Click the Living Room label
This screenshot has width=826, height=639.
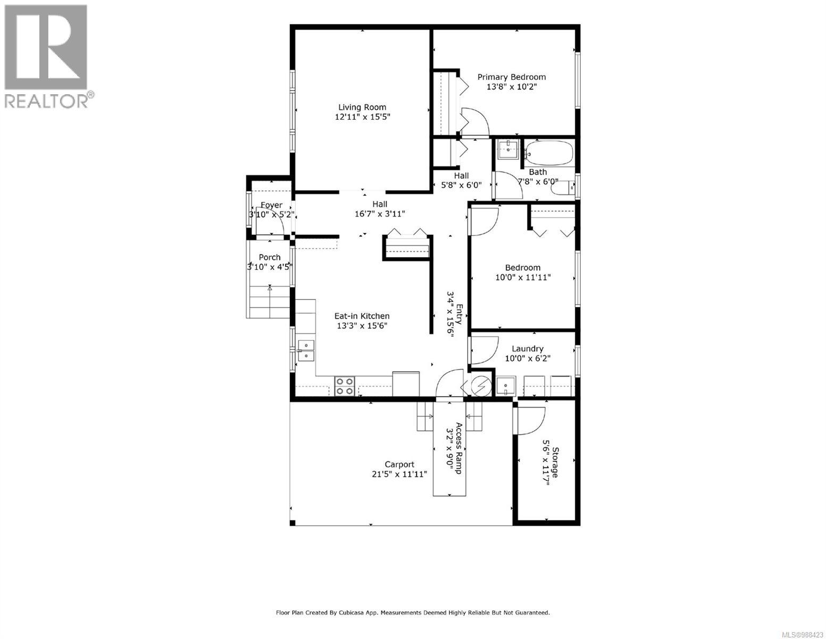pyautogui.click(x=362, y=107)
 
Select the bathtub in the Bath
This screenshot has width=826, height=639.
pyautogui.click(x=549, y=153)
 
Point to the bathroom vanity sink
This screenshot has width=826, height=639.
pyautogui.click(x=509, y=149)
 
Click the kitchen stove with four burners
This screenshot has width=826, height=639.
pyautogui.click(x=345, y=386)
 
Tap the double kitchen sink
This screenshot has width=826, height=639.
pyautogui.click(x=306, y=351)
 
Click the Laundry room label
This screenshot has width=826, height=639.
pyautogui.click(x=527, y=349)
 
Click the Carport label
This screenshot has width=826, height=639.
pyautogui.click(x=399, y=464)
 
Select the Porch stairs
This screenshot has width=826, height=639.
pyautogui.click(x=270, y=302)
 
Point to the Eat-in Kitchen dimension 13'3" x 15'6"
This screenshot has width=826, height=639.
pyautogui.click(x=361, y=326)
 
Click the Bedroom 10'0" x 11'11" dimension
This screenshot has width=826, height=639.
pyautogui.click(x=520, y=277)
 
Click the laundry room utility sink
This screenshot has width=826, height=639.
pyautogui.click(x=505, y=386)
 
